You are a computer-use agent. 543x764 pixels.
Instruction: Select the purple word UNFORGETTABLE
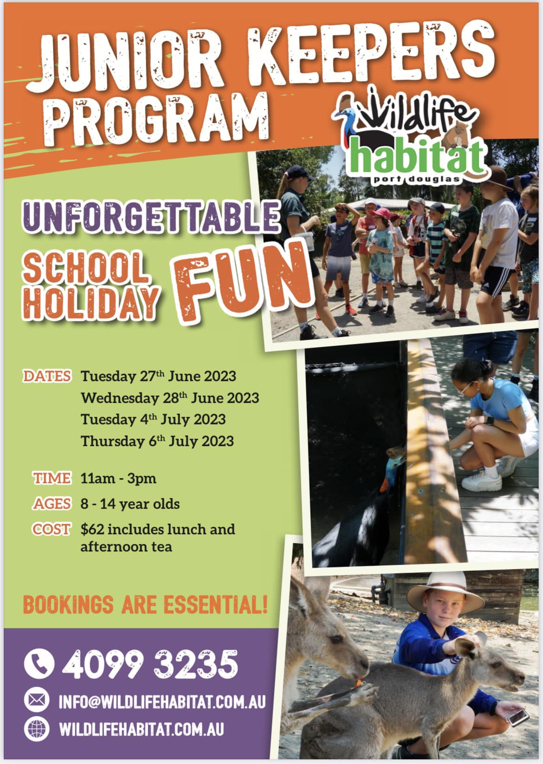point(152,216)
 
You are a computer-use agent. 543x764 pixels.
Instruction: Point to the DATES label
point(47,376)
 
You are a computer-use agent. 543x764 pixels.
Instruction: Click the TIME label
point(52,478)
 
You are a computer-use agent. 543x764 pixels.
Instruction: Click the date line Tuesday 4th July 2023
point(153,420)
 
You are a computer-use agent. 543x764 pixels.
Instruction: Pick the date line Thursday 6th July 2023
point(157,441)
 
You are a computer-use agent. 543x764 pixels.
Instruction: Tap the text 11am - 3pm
point(118,479)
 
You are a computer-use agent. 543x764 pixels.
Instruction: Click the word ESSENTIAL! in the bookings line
point(215,605)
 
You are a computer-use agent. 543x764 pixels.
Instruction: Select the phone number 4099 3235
point(150,664)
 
